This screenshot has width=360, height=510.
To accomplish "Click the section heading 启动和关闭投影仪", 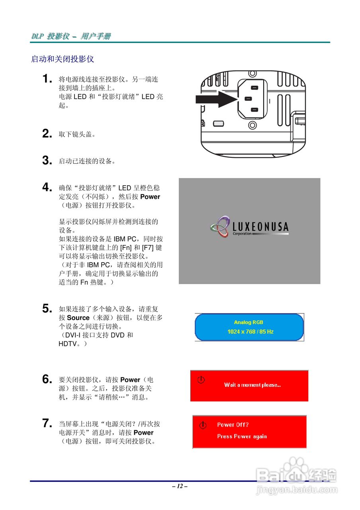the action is (63, 59).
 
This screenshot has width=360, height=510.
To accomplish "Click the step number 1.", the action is (47, 78).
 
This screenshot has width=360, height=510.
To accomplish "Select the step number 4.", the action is (47, 187).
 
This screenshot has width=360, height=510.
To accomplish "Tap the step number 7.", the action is (47, 423).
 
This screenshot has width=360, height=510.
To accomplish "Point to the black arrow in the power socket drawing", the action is (216, 99).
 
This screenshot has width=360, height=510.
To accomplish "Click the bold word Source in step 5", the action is (78, 318).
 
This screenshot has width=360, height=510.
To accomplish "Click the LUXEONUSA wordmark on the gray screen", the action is (260, 227).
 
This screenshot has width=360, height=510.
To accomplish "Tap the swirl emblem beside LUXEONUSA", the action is (219, 227).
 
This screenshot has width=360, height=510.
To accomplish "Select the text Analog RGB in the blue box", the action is (248, 322).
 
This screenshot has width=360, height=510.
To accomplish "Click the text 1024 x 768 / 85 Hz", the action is (250, 331).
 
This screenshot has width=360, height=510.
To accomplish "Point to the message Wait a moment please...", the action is (252, 385).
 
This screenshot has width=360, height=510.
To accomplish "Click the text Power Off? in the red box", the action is (233, 425).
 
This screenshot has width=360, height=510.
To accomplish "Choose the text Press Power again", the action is (242, 436).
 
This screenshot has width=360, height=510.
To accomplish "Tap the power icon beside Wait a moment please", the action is (201, 380).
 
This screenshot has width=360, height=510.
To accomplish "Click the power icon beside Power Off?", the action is (203, 425).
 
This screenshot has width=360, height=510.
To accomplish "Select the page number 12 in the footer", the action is (180, 486).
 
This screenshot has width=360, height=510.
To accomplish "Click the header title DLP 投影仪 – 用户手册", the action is (71, 36).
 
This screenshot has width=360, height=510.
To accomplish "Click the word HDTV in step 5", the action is (67, 344).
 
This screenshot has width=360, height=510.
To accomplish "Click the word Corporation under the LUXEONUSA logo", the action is (242, 233).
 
